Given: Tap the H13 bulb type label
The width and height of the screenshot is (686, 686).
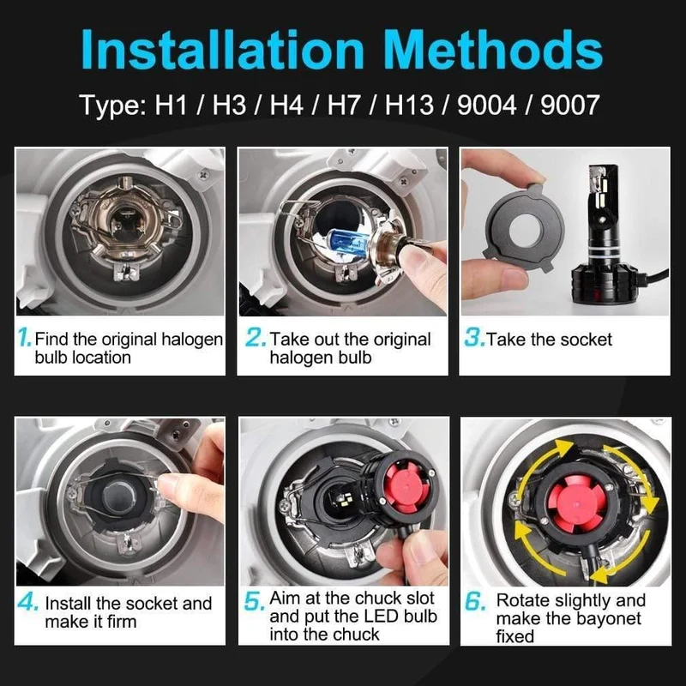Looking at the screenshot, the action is click(x=410, y=105).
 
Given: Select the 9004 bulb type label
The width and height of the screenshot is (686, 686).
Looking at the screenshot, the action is click(x=486, y=105).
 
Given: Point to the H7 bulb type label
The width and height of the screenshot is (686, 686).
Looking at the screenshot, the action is click(x=344, y=105).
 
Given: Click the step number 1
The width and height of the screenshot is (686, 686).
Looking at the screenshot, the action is click(x=25, y=337).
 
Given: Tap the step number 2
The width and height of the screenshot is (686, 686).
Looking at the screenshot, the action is click(x=256, y=337).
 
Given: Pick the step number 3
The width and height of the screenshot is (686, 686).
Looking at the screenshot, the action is click(x=475, y=337).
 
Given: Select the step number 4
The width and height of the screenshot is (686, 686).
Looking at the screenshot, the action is click(x=28, y=602).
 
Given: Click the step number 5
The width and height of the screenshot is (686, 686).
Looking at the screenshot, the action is click(x=254, y=601).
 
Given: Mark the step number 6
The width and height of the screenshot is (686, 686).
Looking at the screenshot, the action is click(x=475, y=601).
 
